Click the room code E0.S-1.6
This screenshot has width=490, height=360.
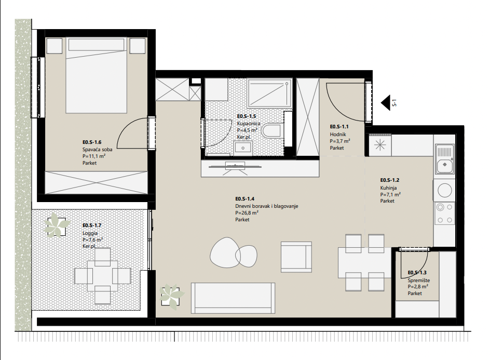click(x=92, y=142)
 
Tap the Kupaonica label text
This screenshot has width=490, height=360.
click(x=249, y=124)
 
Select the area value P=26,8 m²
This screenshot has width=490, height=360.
click(x=247, y=212)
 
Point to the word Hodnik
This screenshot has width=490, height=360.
click(x=338, y=134)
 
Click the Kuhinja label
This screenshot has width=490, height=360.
click(x=388, y=188)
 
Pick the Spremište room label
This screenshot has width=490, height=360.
click(x=418, y=280)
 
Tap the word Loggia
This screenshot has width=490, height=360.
click(x=90, y=233)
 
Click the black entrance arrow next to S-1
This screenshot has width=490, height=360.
click(x=386, y=102)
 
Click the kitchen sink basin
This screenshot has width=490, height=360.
click(x=444, y=164)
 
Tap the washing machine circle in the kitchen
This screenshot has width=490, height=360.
click(x=444, y=190)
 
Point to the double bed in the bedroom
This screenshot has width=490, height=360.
click(x=97, y=75)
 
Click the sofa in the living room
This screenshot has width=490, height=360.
click(x=233, y=298)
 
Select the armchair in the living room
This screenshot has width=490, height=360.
click(x=296, y=257)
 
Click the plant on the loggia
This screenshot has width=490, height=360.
click(x=56, y=224)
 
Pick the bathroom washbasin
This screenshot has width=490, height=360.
click(x=243, y=148)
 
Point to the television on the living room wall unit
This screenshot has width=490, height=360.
click(x=235, y=167)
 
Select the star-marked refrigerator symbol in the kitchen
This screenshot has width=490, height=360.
click(x=380, y=145)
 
